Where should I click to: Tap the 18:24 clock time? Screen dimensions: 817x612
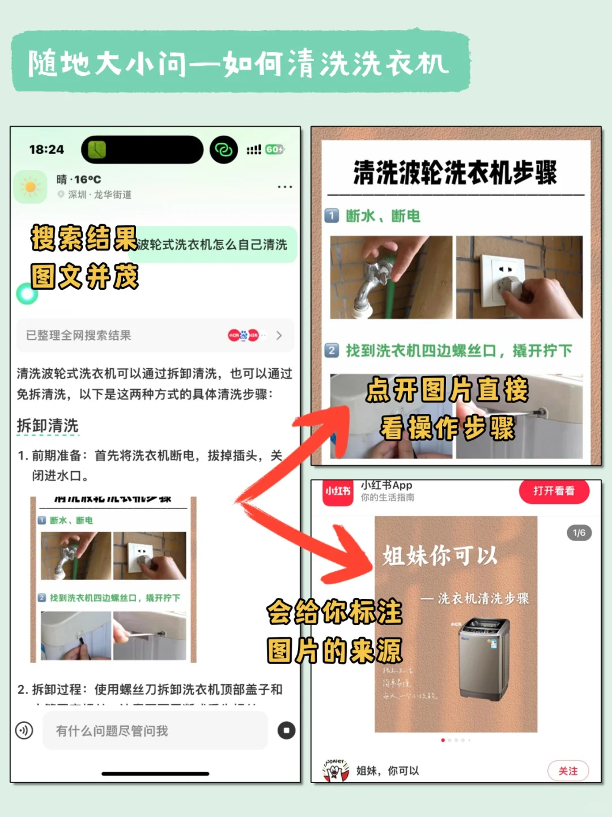[46, 149]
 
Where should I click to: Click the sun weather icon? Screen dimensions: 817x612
[31, 187]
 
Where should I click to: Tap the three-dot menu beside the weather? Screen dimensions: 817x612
[284, 186]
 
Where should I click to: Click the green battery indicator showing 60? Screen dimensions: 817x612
[274, 149]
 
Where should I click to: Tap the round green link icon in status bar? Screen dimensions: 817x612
[223, 149]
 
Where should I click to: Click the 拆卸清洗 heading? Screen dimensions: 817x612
[48, 426]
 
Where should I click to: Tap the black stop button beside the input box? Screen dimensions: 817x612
[286, 730]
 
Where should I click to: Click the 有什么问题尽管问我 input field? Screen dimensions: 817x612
[154, 730]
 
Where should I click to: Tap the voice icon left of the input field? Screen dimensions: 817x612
[24, 730]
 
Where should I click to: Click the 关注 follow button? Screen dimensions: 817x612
[568, 771]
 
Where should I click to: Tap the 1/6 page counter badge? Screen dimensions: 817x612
[579, 533]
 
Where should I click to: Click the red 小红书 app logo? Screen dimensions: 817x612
[338, 491]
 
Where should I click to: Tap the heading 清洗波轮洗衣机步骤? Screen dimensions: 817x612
[455, 172]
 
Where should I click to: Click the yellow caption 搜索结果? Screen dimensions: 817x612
[84, 238]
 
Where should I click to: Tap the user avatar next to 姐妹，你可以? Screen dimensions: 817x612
[336, 770]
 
